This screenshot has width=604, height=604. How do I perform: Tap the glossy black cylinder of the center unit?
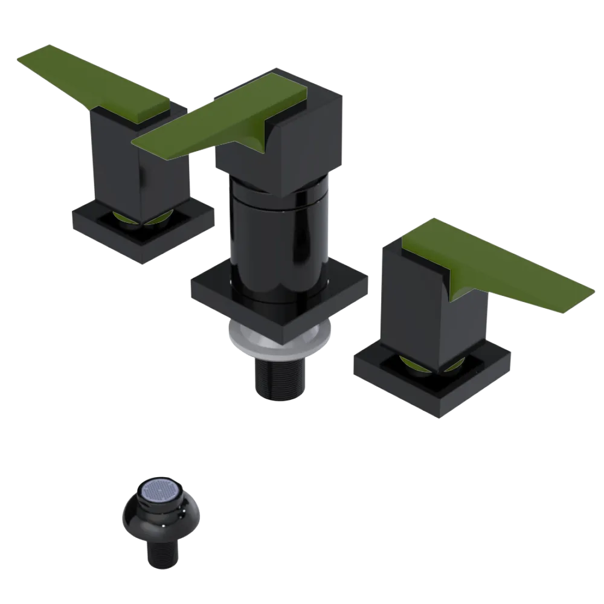tap(278, 242)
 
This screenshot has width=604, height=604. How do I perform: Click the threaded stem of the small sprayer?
tap(162, 553)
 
